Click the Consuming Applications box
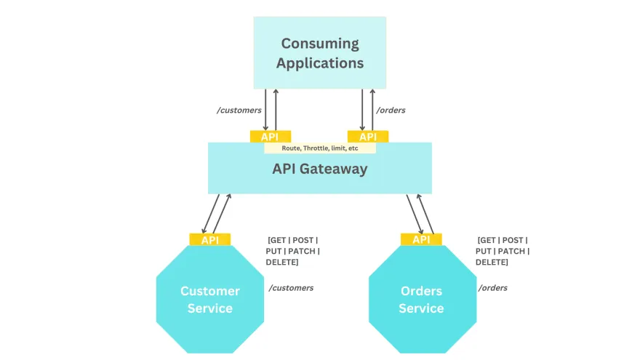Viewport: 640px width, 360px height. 320,53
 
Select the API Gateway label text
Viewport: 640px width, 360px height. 320,169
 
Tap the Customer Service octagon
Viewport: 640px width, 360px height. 209,299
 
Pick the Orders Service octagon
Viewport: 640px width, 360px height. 421,299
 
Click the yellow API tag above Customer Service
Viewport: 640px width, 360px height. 209,240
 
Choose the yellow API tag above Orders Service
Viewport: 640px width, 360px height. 421,240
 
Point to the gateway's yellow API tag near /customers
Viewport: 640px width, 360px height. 271,137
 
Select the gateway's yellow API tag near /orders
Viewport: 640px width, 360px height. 368,137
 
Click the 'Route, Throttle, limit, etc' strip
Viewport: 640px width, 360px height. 320,148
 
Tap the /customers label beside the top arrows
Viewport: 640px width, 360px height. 239,111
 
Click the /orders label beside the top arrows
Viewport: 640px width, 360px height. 391,111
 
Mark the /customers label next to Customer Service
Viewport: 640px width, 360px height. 291,288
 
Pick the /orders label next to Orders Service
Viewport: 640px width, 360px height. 492,288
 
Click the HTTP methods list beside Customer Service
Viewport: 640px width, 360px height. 292,251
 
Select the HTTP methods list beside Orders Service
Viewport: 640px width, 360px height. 503,251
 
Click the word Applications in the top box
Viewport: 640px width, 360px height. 320,63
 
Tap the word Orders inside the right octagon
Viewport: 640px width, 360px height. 421,291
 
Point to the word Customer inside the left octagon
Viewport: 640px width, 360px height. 209,291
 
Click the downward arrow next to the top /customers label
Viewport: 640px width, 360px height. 265,109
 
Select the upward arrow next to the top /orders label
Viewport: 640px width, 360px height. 372,109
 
